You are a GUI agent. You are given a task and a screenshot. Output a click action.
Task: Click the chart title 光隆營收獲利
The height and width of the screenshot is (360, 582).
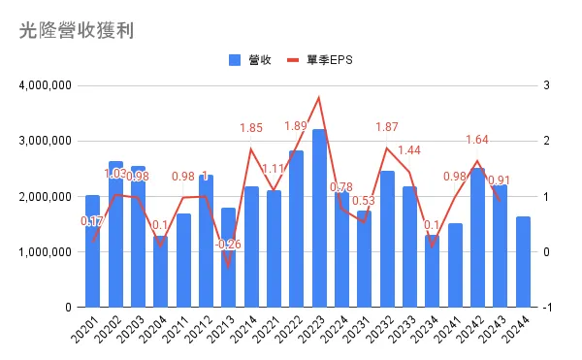(76, 30)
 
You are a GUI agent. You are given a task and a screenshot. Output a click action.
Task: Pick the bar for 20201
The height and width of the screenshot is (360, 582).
(92, 251)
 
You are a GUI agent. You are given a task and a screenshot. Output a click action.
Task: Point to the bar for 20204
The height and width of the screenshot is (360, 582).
(160, 272)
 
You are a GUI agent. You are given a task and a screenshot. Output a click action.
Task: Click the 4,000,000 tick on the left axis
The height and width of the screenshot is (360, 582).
(45, 85)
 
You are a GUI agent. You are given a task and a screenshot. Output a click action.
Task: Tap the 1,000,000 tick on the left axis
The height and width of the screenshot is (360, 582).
(45, 252)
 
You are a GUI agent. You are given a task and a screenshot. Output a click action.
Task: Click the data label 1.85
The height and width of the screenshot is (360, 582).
(251, 127)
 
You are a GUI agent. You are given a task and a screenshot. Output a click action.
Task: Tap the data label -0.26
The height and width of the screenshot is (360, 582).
(229, 244)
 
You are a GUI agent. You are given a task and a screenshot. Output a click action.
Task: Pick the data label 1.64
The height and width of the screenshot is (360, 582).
(477, 139)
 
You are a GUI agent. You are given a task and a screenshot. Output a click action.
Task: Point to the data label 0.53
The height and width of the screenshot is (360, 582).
(365, 201)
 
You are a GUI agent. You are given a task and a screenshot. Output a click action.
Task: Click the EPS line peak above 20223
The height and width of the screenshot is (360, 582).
(319, 97)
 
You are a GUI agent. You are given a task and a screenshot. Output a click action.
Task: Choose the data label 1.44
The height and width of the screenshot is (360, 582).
(408, 150)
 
